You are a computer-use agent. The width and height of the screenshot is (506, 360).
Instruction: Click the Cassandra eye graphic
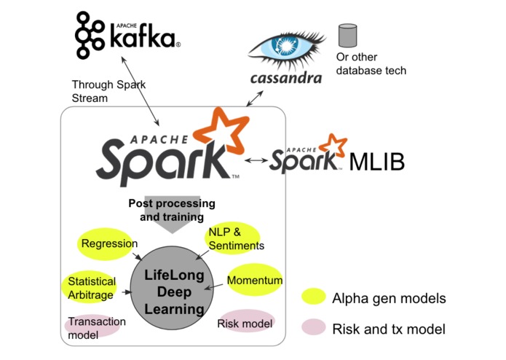[x=289, y=45]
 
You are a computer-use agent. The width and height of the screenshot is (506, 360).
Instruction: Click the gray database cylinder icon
[x=347, y=35]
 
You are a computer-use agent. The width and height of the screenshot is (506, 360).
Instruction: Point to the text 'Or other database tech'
[x=371, y=64]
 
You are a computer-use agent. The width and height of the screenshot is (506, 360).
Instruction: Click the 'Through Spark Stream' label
[x=108, y=90]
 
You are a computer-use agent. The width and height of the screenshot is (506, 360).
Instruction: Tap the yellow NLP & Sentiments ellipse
[x=234, y=238]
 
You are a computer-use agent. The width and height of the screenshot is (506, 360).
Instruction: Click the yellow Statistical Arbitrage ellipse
[x=91, y=287]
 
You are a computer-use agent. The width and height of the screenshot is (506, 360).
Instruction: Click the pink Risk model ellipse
[x=245, y=323]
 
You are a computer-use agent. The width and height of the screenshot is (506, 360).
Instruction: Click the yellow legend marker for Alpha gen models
[x=315, y=297]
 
